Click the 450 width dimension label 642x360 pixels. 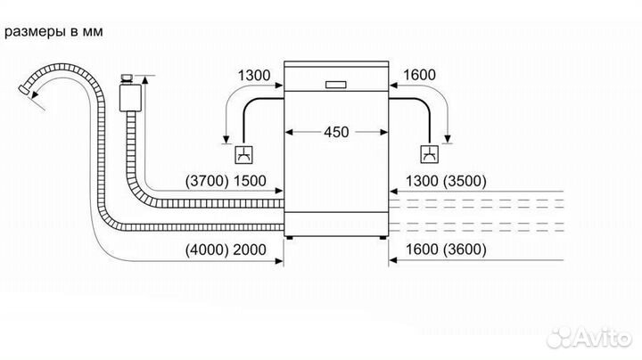[336, 132]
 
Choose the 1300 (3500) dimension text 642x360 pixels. [444, 181]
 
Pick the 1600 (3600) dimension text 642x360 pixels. [444, 249]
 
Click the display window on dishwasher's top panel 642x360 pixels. [336, 86]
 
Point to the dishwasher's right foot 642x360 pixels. [383, 237]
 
